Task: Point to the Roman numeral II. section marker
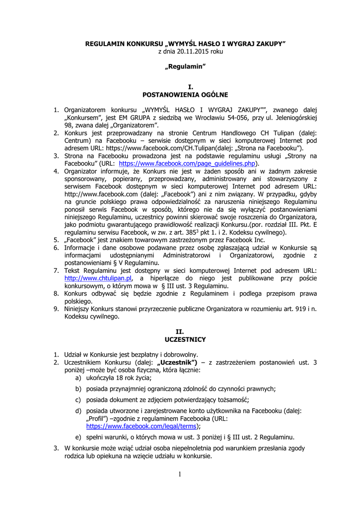180,331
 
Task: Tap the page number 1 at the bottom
180,474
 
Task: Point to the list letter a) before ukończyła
78,378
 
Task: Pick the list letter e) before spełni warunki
78,437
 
